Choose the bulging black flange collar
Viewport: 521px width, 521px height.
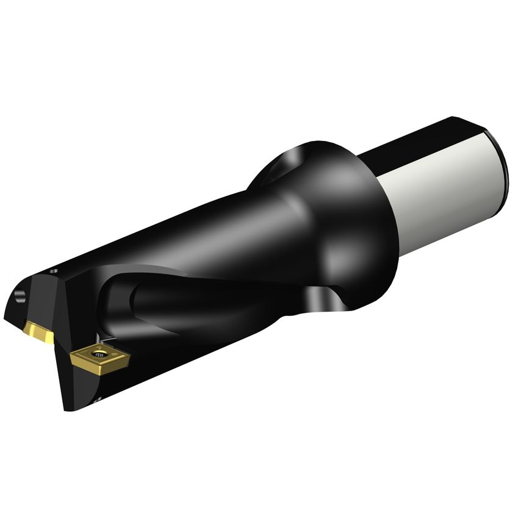(x=342, y=207)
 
